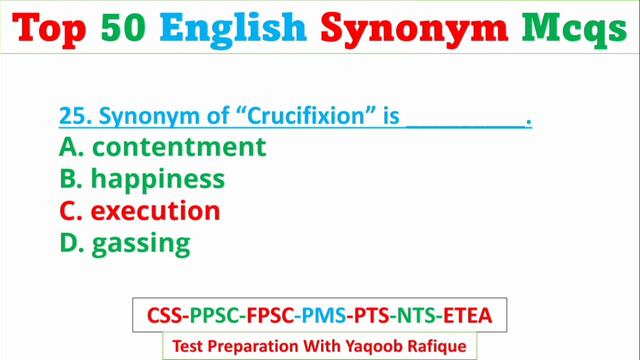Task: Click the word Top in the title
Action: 58,31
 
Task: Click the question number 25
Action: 73,116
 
